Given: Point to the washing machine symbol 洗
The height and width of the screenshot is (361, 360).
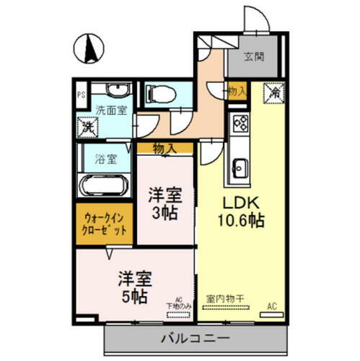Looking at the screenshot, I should tap(87, 126).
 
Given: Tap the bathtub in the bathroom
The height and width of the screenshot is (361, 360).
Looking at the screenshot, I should tap(105, 186).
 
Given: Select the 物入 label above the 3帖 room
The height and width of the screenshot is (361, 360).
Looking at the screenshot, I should tap(164, 148).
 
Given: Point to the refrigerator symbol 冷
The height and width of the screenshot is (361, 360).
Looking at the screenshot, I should tap(275, 92).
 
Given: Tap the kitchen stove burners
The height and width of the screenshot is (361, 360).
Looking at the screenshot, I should tap(239, 123).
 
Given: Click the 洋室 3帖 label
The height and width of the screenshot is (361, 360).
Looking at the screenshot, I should tap(165, 203).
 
